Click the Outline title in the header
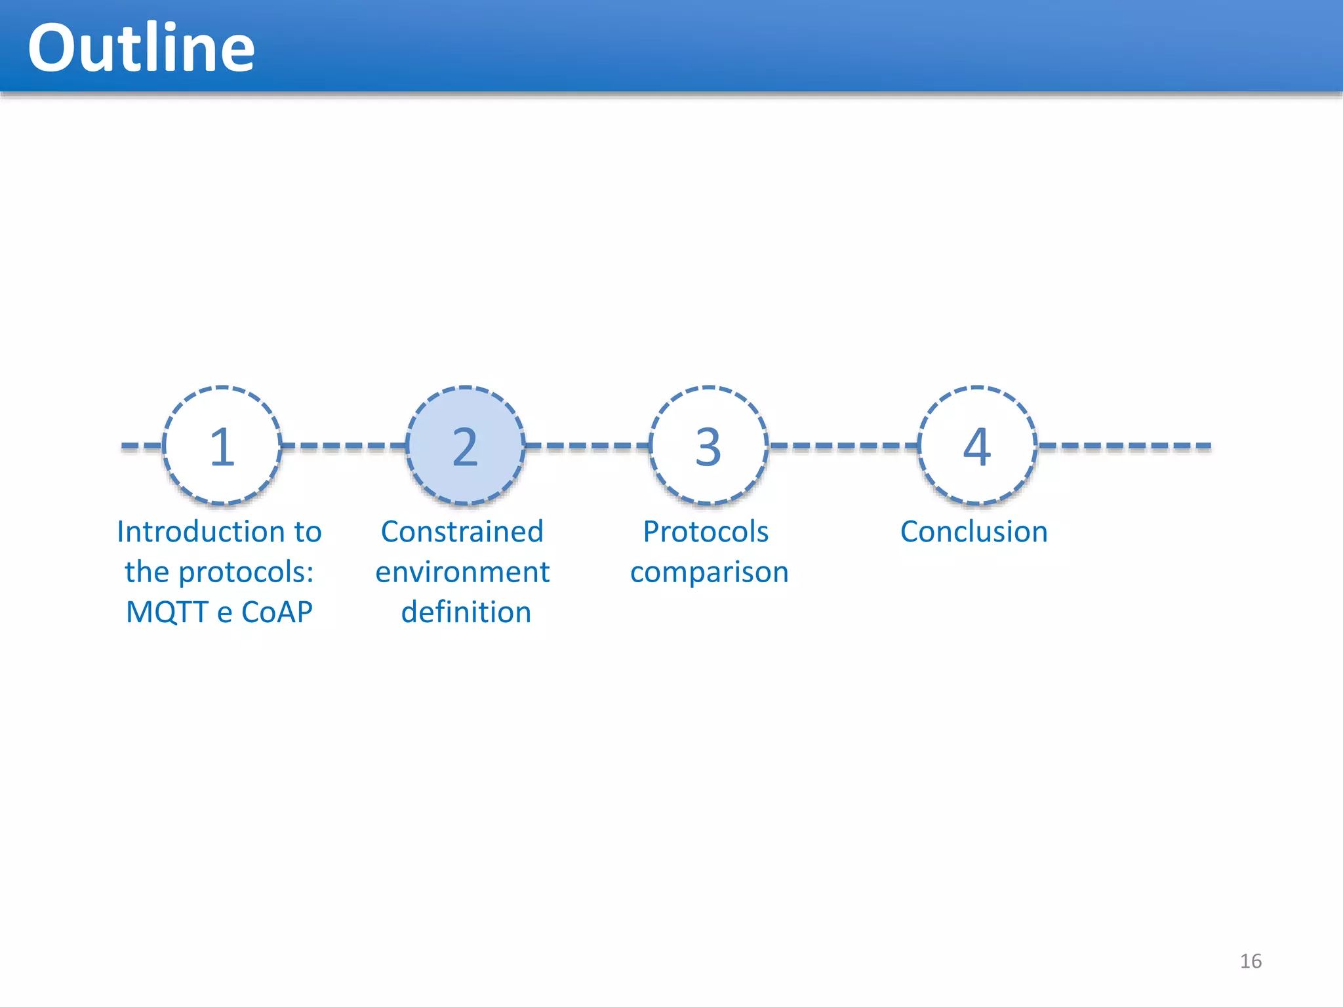(141, 48)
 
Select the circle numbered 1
(222, 446)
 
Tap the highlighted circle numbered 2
(466, 446)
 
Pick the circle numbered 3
(708, 446)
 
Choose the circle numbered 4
(977, 446)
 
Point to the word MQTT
(167, 612)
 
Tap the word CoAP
(277, 612)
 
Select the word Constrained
(462, 532)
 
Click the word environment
(462, 572)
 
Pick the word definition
(466, 612)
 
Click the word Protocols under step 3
(706, 532)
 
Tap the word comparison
(709, 572)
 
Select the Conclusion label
(974, 532)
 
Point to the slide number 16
(1251, 961)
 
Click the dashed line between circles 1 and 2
(344, 446)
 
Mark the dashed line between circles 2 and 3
(587, 446)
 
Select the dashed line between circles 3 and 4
(843, 446)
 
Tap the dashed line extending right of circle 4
(1125, 446)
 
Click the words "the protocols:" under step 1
(219, 572)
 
